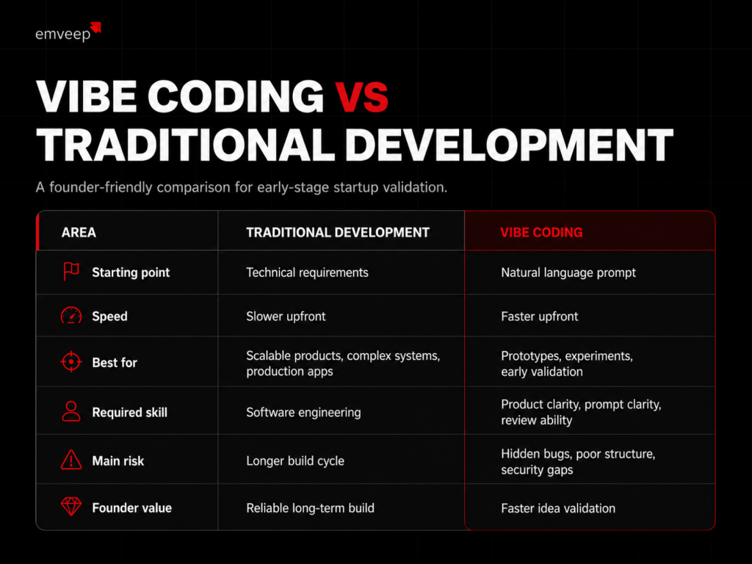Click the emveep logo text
tap(63, 35)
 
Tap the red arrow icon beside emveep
tap(96, 27)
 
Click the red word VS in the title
tap(361, 98)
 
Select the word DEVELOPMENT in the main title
tap(510, 145)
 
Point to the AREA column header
tap(79, 233)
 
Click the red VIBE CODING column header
tap(541, 233)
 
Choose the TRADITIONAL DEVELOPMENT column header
tap(338, 233)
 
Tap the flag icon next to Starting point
tap(71, 272)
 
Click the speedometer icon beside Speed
tap(71, 316)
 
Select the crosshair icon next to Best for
tap(71, 361)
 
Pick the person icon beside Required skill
tap(71, 411)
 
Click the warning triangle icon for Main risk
tap(71, 460)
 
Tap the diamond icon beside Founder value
tap(71, 507)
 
